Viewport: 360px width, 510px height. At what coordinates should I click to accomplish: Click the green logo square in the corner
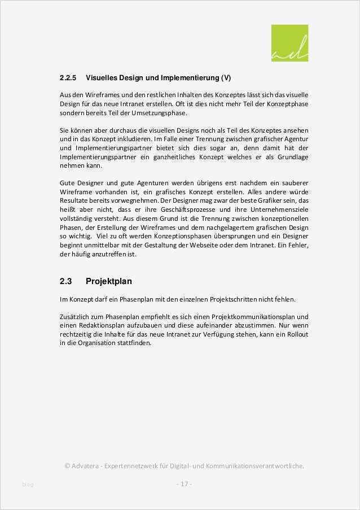click(289, 43)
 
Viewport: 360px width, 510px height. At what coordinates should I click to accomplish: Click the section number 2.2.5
click(68, 77)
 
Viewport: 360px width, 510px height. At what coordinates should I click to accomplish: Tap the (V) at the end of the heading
click(225, 77)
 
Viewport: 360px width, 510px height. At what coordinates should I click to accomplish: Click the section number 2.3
click(66, 281)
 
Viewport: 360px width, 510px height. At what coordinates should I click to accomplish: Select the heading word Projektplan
click(109, 281)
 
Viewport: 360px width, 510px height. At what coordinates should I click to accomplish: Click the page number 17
click(183, 484)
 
